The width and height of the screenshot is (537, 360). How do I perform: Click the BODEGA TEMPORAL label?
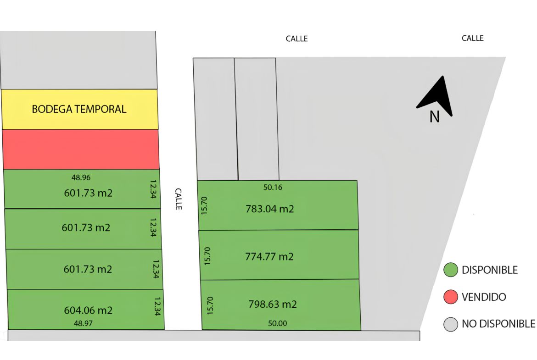click(x=79, y=109)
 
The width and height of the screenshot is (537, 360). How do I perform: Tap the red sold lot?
click(x=81, y=149)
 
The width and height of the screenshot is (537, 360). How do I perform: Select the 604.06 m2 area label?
click(x=89, y=310)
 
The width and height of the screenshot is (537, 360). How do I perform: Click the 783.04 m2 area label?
click(x=270, y=209)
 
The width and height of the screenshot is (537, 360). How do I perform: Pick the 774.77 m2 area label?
click(x=269, y=256)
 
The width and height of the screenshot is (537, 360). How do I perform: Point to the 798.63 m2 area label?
click(x=273, y=304)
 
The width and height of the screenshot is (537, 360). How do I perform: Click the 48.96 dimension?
click(x=81, y=177)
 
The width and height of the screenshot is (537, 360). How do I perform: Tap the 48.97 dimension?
click(x=83, y=323)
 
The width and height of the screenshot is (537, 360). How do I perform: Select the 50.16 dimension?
click(x=273, y=188)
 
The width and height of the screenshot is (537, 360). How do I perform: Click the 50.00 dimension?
click(x=277, y=323)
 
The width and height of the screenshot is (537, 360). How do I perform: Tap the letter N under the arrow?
click(x=435, y=117)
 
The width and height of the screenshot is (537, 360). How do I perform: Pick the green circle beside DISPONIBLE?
click(x=451, y=270)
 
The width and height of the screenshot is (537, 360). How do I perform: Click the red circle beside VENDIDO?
click(x=451, y=297)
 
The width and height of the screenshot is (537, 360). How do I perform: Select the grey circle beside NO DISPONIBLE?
click(x=451, y=324)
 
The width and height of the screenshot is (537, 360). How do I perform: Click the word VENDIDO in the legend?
click(x=484, y=297)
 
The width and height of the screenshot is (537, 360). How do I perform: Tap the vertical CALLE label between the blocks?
click(x=179, y=199)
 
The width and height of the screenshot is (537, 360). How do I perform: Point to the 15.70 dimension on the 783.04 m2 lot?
click(x=204, y=205)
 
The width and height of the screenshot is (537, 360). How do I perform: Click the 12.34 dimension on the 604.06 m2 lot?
click(x=157, y=306)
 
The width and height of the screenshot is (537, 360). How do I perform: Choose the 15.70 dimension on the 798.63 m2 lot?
click(x=210, y=305)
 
